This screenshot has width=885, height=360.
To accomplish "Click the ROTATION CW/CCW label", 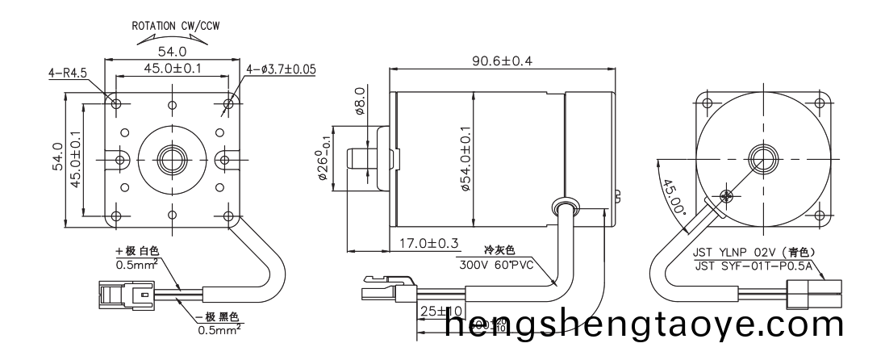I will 176,25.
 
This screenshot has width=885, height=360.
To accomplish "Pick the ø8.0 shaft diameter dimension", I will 360,101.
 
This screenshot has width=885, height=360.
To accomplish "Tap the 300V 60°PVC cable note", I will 495,264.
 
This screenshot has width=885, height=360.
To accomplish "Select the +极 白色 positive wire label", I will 140,252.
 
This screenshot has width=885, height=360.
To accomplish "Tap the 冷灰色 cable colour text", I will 499,250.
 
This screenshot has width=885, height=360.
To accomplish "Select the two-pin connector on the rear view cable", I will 817,295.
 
